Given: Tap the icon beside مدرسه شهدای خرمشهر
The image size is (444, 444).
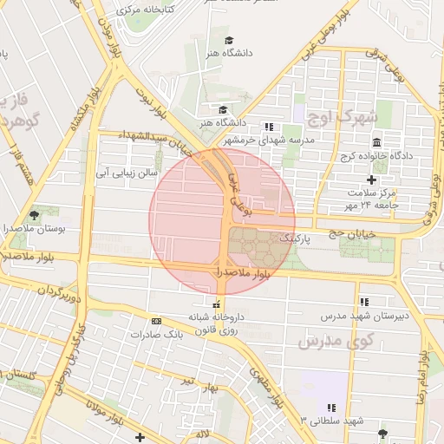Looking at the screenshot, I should click(x=269, y=127).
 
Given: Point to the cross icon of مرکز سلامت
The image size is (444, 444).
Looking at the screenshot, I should click(x=372, y=178).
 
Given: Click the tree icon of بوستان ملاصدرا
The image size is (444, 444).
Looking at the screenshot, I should click(x=34, y=214).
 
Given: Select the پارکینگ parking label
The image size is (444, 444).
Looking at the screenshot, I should click(x=295, y=237).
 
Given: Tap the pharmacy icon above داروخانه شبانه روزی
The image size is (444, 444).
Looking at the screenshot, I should click(x=217, y=304).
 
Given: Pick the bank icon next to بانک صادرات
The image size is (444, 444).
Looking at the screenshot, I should click(x=155, y=321).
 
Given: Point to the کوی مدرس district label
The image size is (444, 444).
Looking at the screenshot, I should click(x=335, y=341).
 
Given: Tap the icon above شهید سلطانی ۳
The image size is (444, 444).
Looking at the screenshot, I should click(x=330, y=408).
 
